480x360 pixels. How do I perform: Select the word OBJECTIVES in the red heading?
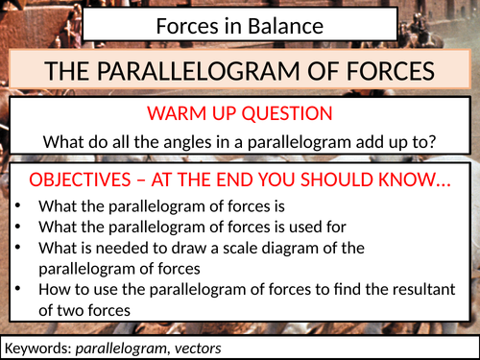[89, 181]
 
